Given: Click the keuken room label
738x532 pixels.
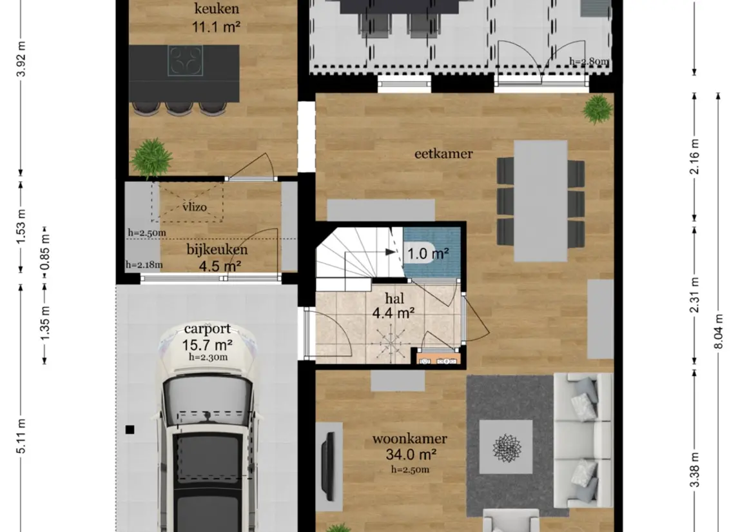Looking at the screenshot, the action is click(217, 8).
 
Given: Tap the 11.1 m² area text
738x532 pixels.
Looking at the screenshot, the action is click(216, 26).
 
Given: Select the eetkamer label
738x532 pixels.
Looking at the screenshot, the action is click(443, 153).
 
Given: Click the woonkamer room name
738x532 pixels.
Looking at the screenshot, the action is click(409, 438).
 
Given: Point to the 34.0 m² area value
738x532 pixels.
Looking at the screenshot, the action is click(411, 455).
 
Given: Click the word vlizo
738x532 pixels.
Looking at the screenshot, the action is click(195, 207).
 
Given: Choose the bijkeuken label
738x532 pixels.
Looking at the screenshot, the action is click(217, 250).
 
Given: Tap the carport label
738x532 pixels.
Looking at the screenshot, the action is click(207, 329).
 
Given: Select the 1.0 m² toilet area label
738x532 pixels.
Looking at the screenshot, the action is click(427, 254).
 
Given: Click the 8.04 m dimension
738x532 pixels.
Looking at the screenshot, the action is click(718, 331).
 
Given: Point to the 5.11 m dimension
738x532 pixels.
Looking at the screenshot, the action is click(21, 436).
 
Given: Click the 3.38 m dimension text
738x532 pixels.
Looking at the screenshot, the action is click(695, 470).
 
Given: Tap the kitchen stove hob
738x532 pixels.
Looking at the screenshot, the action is click(186, 60).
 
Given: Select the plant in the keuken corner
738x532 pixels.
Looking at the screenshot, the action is click(151, 157).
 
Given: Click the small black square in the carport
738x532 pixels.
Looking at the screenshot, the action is click(130, 429).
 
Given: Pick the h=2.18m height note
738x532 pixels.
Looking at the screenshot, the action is click(144, 264).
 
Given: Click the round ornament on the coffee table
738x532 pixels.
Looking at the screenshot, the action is click(507, 447).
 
